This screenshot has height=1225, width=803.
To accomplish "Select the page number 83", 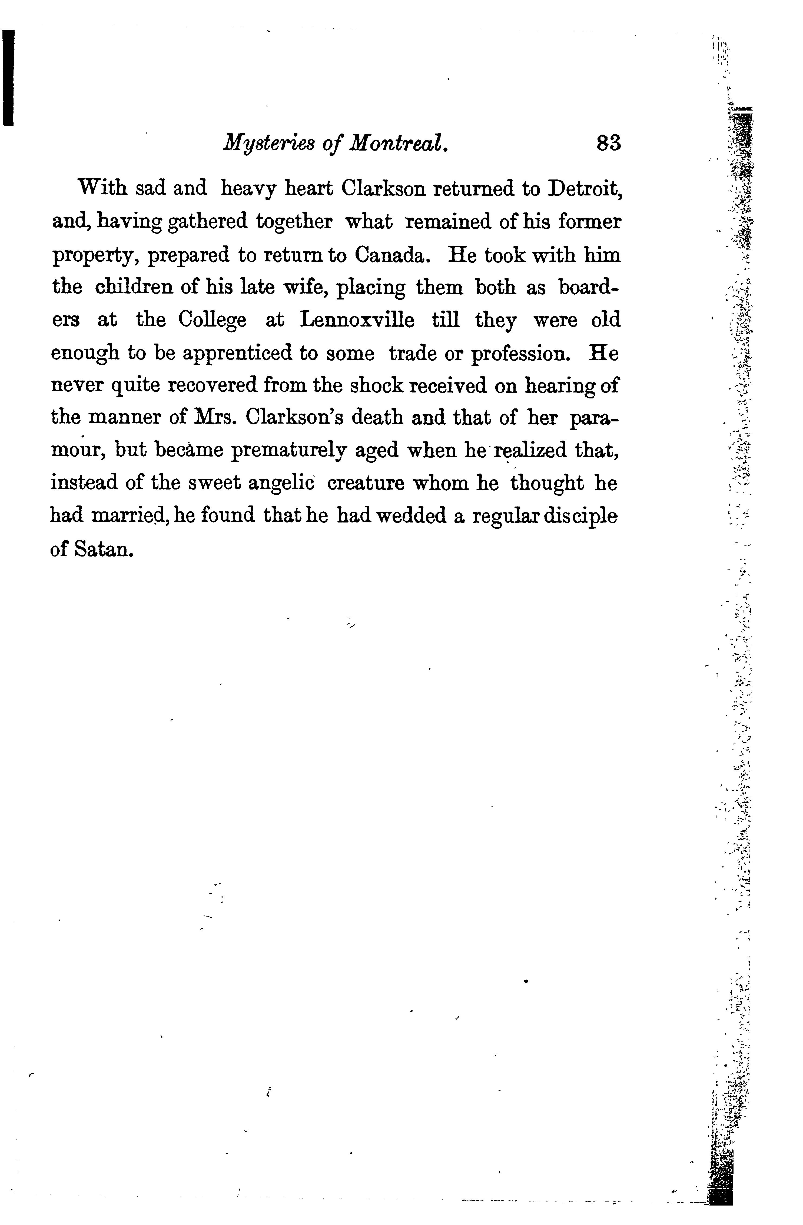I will tap(608, 142).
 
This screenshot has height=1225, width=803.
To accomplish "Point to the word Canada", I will tap(394, 255).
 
